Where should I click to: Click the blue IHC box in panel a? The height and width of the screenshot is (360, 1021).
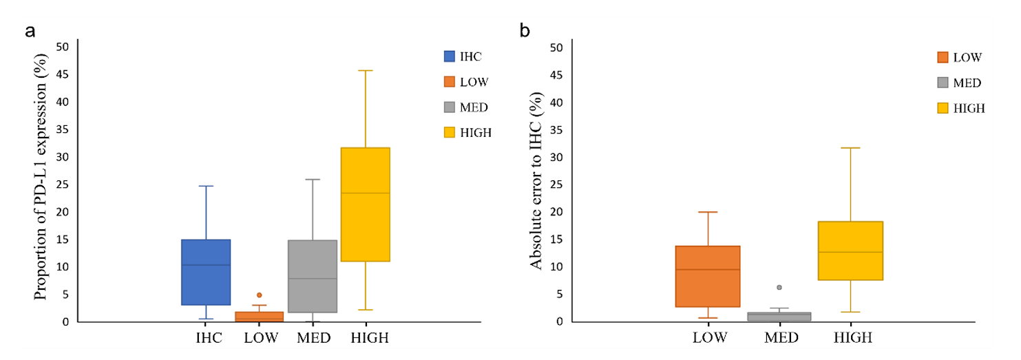pos(205,272)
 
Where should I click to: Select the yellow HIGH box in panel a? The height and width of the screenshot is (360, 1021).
pos(365,204)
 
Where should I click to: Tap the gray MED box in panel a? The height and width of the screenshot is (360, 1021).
pos(312,276)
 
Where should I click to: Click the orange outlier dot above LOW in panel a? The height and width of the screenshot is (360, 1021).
pos(260,295)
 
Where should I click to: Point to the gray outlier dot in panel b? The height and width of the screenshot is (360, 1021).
pos(779,287)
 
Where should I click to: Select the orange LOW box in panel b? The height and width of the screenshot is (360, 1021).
pos(708,276)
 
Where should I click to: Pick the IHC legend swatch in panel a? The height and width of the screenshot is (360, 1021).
pos(450,56)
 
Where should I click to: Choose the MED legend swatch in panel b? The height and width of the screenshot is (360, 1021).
pos(944,83)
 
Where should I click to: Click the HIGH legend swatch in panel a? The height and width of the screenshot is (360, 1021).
pos(450,133)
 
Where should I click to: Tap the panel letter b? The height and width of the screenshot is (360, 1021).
pos(525,31)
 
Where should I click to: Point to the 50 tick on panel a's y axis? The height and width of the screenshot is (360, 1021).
pos(63,47)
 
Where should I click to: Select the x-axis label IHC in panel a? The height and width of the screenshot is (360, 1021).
pos(209,338)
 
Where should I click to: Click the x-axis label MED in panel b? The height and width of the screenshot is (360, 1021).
pos(781,338)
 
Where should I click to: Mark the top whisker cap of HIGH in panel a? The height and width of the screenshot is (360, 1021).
pos(365,70)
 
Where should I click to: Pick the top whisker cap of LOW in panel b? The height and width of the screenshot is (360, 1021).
pos(708,212)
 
